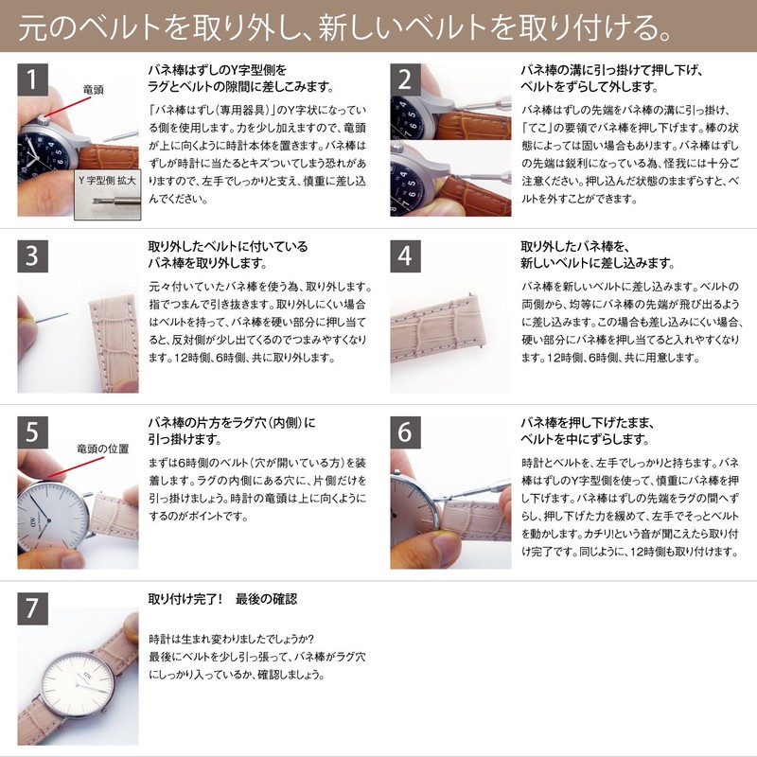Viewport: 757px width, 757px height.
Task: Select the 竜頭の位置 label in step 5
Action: [x=101, y=449]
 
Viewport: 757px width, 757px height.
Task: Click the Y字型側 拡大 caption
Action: [x=106, y=179]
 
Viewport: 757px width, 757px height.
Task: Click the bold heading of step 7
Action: [x=222, y=599]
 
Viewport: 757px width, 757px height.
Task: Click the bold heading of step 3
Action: [x=228, y=254]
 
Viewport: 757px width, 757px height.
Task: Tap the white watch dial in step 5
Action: [x=47, y=516]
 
